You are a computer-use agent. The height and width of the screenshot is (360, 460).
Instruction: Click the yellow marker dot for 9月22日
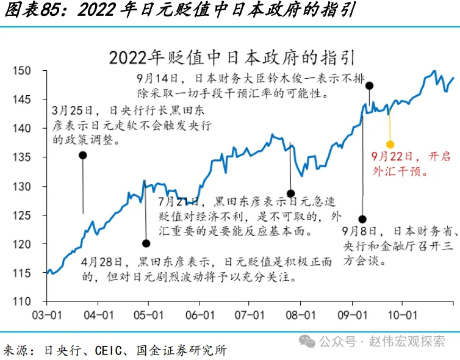[390, 145]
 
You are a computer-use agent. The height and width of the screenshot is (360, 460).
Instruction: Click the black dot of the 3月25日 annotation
[83, 155]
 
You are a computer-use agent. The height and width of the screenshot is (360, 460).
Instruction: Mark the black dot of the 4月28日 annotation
[146, 243]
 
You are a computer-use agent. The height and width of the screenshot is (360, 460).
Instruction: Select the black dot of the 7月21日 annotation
[291, 193]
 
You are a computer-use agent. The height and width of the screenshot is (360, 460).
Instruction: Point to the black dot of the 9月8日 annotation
[362, 218]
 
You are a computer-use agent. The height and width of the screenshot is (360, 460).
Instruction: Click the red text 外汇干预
[397, 171]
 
